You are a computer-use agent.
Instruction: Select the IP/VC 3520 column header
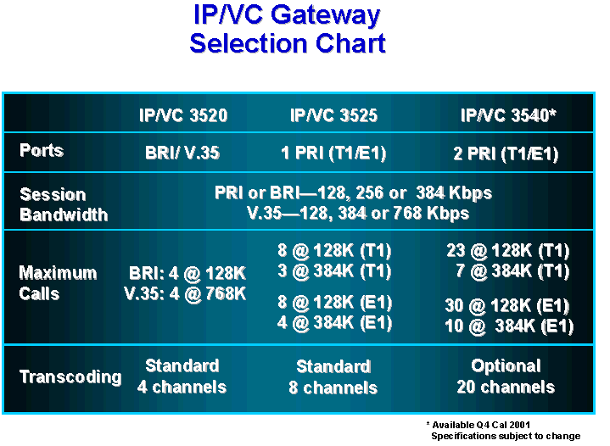pyautogui.click(x=183, y=115)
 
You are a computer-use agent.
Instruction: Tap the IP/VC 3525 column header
pyautogui.click(x=333, y=115)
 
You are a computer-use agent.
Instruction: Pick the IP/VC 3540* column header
pyautogui.click(x=508, y=115)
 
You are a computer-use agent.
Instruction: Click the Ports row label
pyautogui.click(x=42, y=150)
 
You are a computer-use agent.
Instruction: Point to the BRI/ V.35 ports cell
pyautogui.click(x=182, y=153)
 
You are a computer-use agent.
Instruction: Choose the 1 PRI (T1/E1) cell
pyautogui.click(x=333, y=153)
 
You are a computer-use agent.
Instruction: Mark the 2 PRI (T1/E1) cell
pyautogui.click(x=506, y=154)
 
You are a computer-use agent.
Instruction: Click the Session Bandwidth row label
pyautogui.click(x=64, y=204)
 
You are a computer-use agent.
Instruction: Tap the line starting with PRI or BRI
pyautogui.click(x=353, y=192)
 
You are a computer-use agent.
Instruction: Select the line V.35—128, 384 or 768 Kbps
pyautogui.click(x=358, y=213)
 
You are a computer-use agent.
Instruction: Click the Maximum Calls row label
pyautogui.click(x=58, y=283)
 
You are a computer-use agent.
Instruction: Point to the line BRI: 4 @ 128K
pyautogui.click(x=187, y=274)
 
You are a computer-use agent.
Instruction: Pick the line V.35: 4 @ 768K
pyautogui.click(x=185, y=294)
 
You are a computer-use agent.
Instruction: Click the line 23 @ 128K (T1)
pyautogui.click(x=508, y=251)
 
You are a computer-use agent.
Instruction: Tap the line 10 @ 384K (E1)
pyautogui.click(x=509, y=326)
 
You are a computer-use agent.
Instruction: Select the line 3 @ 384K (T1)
pyautogui.click(x=334, y=271)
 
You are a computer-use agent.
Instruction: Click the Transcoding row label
pyautogui.click(x=70, y=376)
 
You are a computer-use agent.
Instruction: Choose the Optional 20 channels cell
pyautogui.click(x=506, y=376)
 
